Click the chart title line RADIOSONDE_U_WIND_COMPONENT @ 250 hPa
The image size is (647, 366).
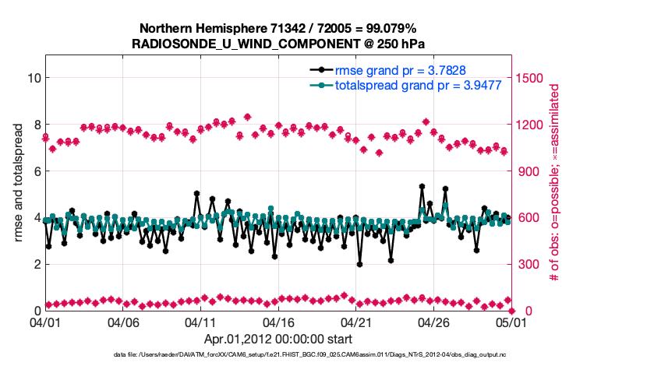(279, 44)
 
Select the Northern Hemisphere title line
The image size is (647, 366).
(278, 28)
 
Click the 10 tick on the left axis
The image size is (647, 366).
(34, 78)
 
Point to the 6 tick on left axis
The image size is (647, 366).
(37, 171)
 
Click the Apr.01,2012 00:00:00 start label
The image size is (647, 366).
(278, 339)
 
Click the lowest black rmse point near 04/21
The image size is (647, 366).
(359, 264)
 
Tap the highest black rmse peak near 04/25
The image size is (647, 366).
(422, 187)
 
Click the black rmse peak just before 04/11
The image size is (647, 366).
(196, 193)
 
